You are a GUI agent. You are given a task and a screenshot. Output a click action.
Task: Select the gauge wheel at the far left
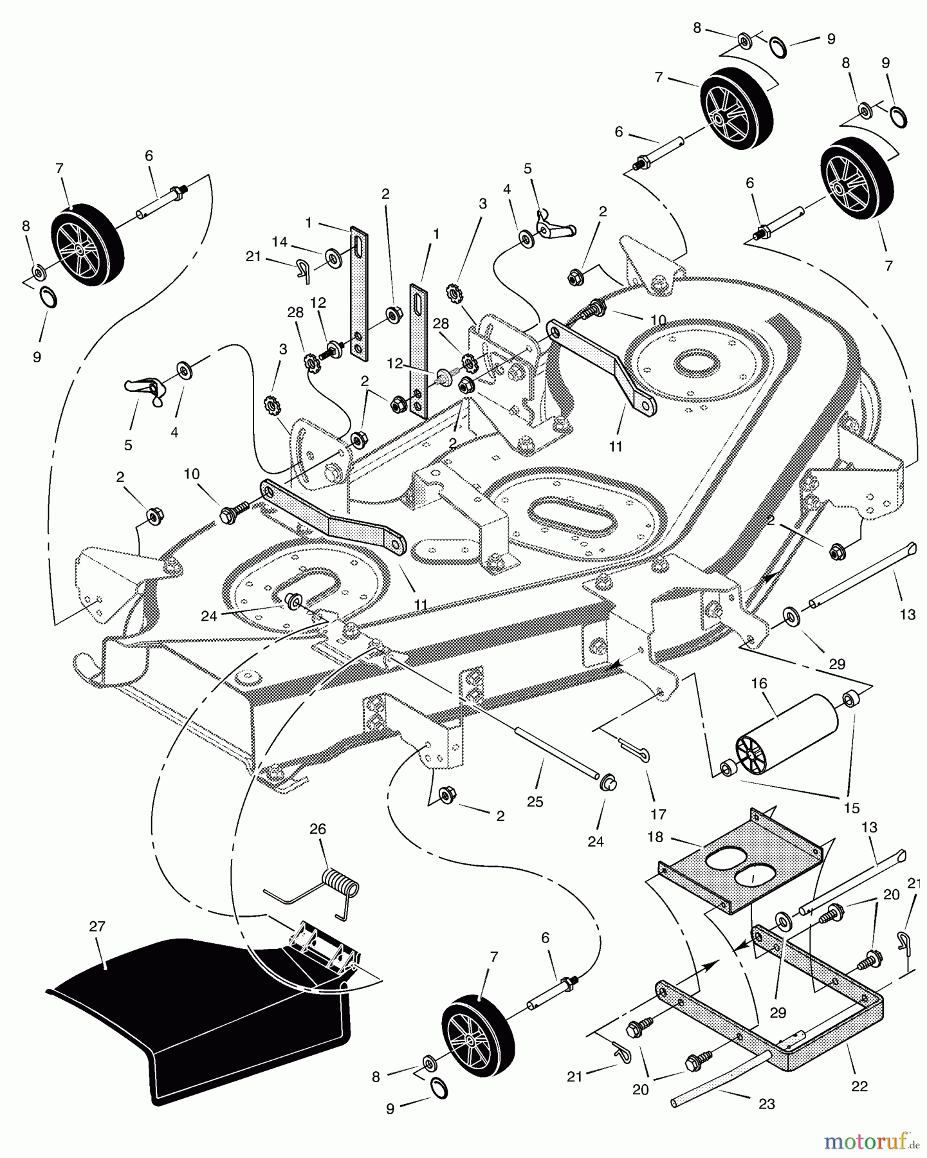coord(86,237)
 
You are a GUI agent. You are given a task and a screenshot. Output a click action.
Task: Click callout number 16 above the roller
coord(759,683)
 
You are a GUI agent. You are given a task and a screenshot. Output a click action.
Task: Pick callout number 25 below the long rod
coord(535,802)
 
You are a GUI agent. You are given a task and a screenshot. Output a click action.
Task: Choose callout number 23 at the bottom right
coord(766,1105)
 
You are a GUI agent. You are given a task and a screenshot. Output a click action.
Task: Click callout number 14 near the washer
coord(279,242)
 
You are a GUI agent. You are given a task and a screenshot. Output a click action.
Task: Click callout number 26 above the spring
coord(318,829)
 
